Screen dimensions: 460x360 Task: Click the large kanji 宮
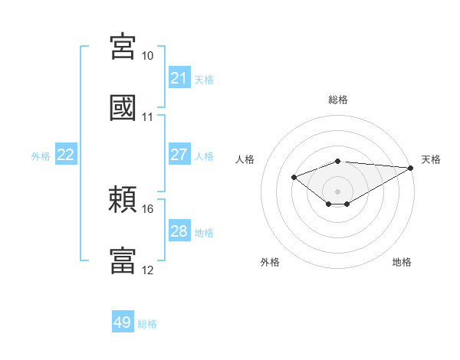click(123, 46)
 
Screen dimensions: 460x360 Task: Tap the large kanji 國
click(123, 107)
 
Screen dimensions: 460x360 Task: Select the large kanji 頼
click(123, 199)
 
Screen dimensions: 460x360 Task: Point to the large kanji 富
click(123, 260)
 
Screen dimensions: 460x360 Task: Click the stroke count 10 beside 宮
click(147, 56)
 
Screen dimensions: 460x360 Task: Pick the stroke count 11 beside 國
click(147, 117)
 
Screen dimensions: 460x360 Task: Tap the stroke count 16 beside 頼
click(147, 209)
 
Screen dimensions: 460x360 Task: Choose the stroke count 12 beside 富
click(147, 270)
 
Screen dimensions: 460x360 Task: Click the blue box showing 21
click(179, 77)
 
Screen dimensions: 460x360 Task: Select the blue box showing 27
click(179, 154)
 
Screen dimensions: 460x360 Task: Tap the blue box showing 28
click(179, 230)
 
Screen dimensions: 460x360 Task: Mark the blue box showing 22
click(66, 154)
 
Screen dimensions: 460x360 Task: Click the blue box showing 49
click(123, 321)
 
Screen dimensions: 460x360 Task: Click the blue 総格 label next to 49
click(147, 324)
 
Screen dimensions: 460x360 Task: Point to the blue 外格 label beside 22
click(41, 156)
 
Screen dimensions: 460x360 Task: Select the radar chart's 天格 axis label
click(431, 159)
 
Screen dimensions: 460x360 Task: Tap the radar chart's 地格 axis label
click(402, 262)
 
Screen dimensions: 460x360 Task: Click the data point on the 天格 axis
click(411, 168)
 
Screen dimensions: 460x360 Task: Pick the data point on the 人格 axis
click(294, 177)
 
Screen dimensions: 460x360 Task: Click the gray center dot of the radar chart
click(337, 191)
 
